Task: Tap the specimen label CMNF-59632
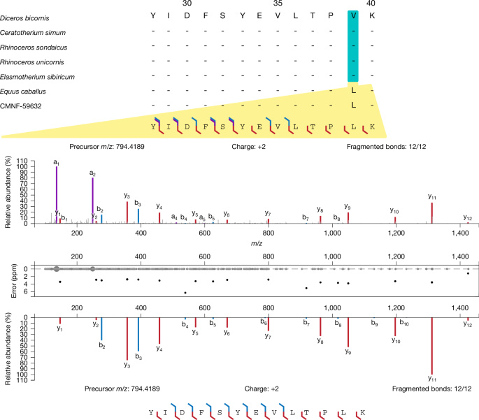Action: pos(24,106)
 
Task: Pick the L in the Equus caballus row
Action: pos(354,91)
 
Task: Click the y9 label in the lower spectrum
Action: pos(348,352)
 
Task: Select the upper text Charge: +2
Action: pos(248,147)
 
